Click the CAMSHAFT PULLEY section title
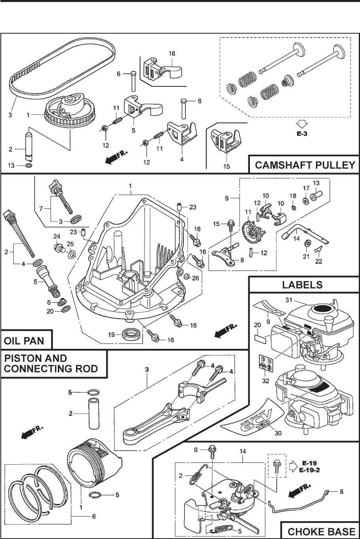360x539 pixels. point(304,165)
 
